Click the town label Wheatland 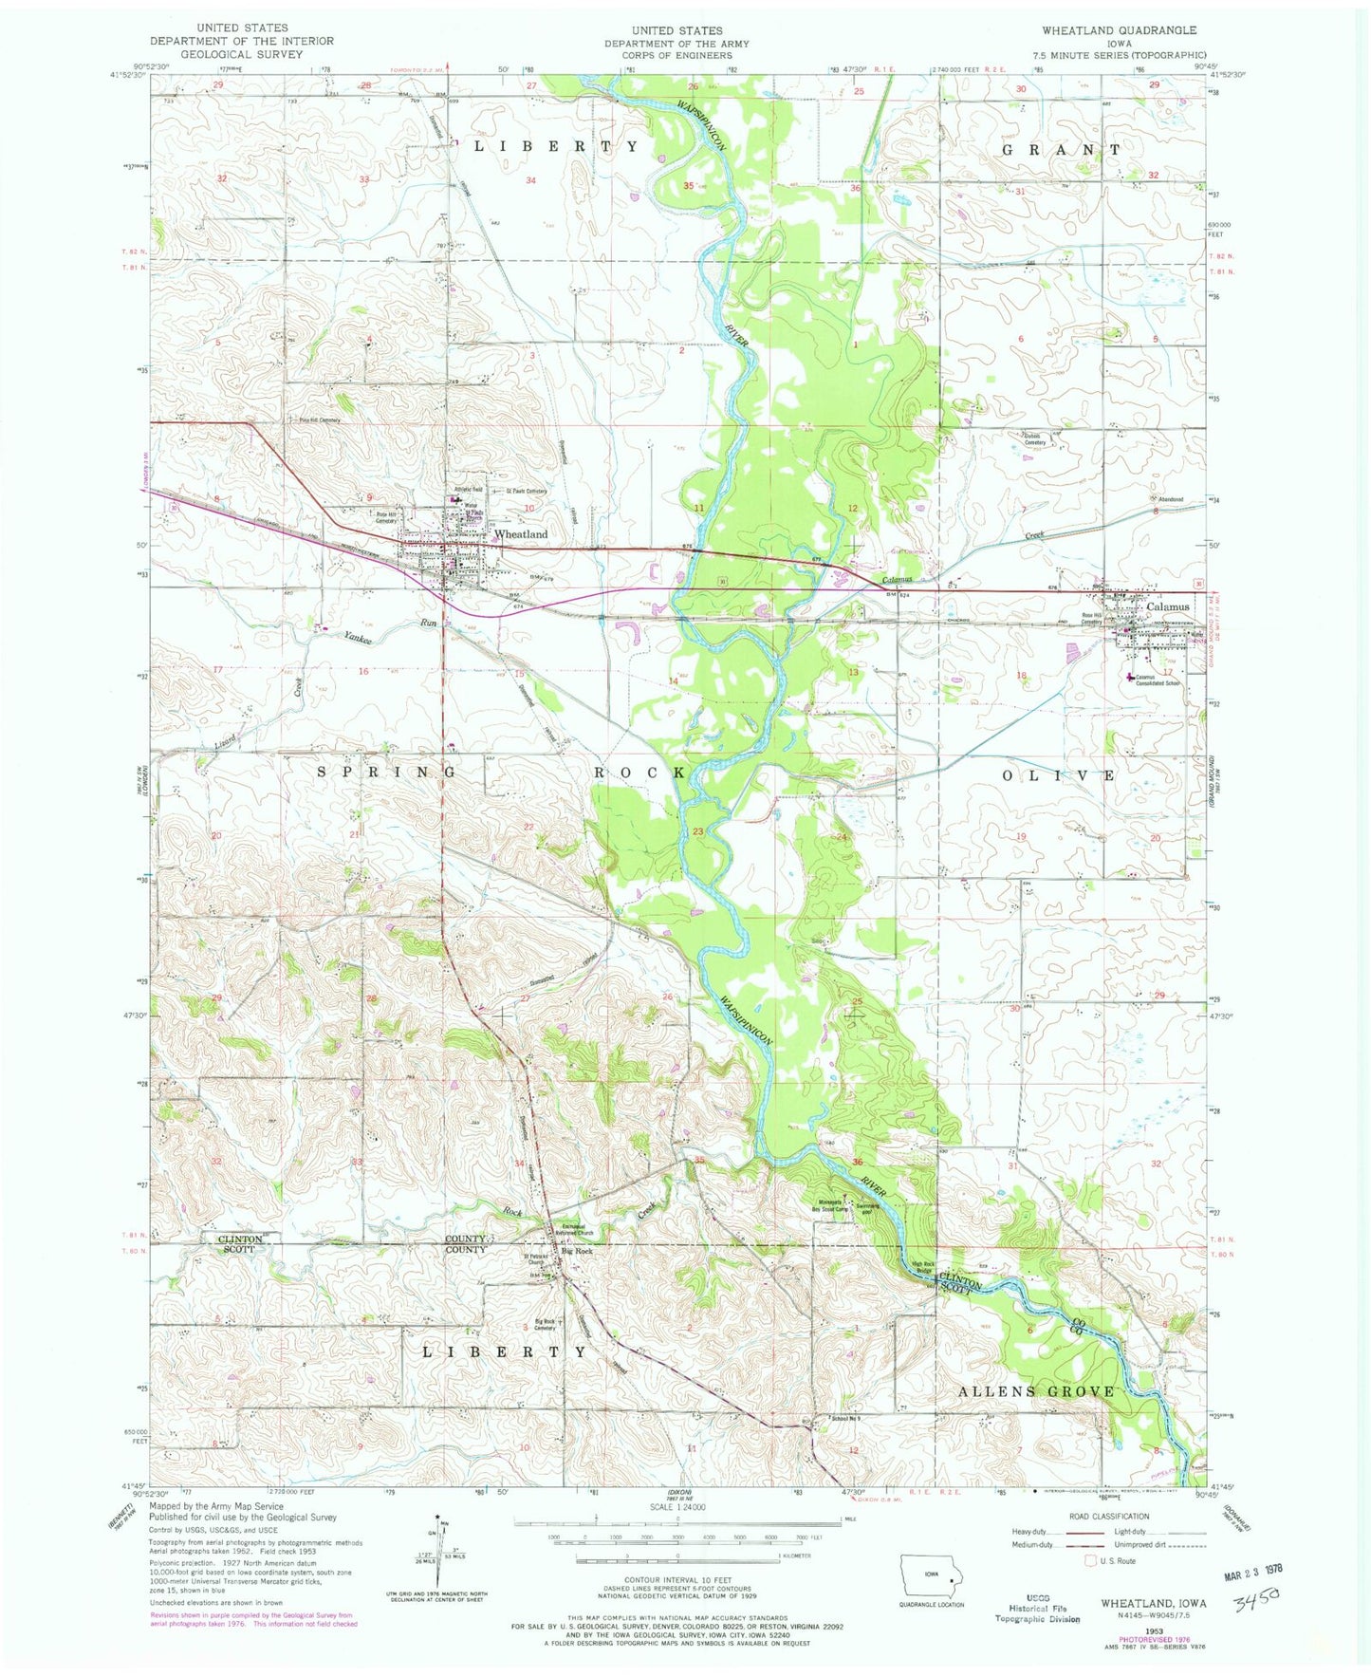(x=520, y=534)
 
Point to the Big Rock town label (x=577, y=1251)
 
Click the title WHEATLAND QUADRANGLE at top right (x=1119, y=30)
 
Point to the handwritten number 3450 (x=1257, y=1601)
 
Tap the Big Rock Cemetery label (x=545, y=1324)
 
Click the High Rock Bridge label (x=924, y=1267)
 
